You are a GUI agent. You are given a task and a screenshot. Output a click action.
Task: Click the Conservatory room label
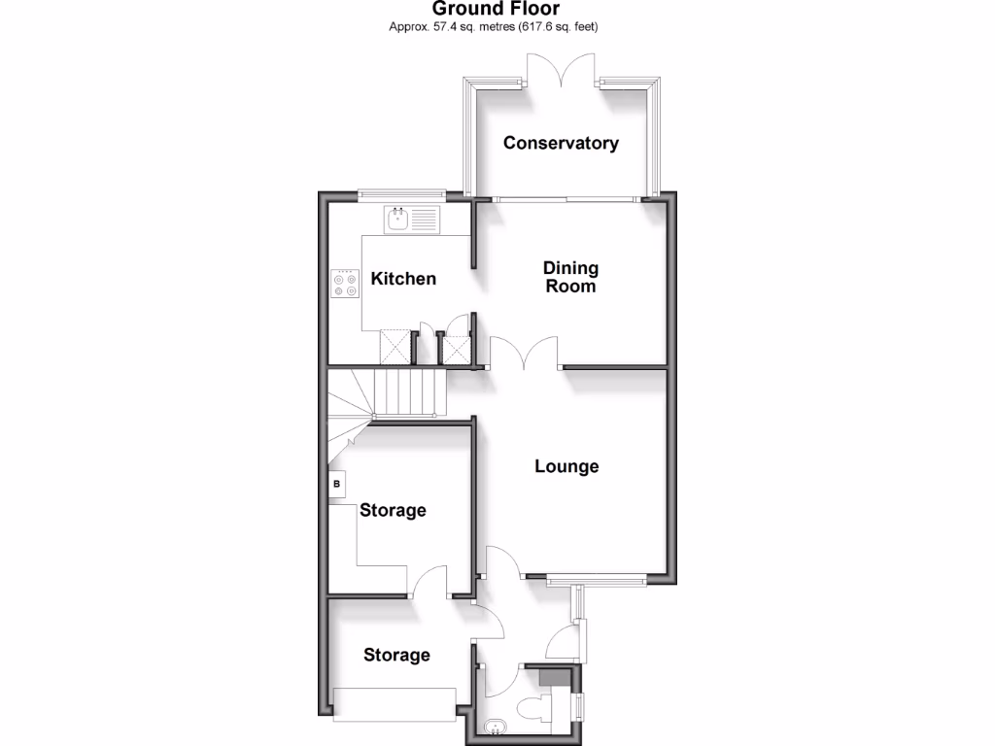[561, 143]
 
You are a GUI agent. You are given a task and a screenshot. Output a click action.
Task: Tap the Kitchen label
[403, 279]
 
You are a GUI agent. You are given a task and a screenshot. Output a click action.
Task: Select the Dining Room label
[570, 277]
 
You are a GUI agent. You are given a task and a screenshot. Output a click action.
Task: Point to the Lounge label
[566, 466]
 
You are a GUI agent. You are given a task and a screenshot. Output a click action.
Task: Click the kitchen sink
[399, 220]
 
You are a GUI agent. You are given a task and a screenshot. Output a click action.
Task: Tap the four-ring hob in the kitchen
[345, 282]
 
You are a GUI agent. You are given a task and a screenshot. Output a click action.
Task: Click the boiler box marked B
[337, 483]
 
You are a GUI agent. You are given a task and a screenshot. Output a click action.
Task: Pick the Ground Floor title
[496, 10]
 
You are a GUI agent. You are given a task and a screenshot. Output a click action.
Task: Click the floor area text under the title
[494, 27]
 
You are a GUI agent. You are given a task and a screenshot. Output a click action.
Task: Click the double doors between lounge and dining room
[525, 353]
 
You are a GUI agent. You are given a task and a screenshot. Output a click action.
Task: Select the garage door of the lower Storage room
[395, 702]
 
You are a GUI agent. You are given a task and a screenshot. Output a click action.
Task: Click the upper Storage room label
[393, 510]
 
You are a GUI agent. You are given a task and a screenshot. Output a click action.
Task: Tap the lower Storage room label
[396, 655]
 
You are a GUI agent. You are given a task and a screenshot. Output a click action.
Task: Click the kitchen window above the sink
[401, 194]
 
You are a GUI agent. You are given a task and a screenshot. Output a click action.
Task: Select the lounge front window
[595, 581]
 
